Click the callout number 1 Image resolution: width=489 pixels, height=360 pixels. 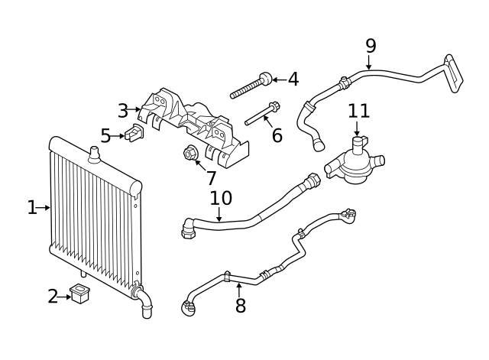[x=31, y=207]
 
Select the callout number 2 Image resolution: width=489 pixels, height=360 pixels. [x=53, y=297]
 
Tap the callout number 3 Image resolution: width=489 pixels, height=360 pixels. [x=123, y=110]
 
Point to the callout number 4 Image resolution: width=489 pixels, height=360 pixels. [x=292, y=79]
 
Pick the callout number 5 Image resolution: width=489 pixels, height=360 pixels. [x=105, y=136]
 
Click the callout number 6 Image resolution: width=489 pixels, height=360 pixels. [x=277, y=136]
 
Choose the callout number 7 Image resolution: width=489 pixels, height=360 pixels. [x=211, y=177]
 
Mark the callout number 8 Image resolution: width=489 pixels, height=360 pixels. [x=241, y=306]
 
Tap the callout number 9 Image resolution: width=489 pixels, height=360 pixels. [x=371, y=45]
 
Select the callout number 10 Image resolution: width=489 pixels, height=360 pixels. [x=221, y=198]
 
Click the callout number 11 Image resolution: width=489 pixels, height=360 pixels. [x=358, y=111]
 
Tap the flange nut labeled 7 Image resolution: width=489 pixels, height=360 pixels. [x=191, y=154]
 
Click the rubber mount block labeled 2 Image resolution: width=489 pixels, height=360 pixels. [x=79, y=294]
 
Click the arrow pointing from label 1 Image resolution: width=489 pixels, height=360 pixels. [x=44, y=207]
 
